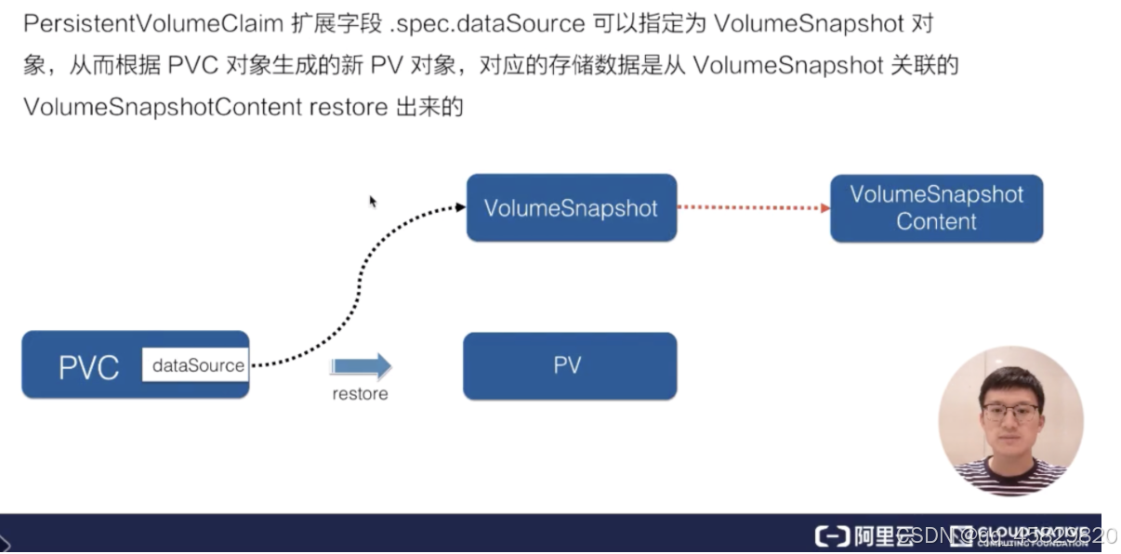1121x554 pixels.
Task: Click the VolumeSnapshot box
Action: coord(571,208)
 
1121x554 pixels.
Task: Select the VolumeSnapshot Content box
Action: coord(936,208)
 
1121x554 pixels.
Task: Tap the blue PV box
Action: coord(569,366)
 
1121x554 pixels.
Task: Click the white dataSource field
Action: coord(196,365)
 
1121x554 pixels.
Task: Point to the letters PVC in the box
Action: coord(89,368)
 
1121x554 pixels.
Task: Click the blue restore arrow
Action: coord(362,365)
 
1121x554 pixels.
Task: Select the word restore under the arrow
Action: coord(360,394)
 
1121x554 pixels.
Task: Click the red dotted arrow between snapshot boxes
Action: coord(753,207)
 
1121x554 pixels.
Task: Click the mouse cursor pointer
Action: coord(373,201)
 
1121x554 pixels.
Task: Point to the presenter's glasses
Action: coord(1009,412)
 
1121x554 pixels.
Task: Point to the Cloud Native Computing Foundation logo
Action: coord(1019,536)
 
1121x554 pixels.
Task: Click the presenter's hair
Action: coord(1009,379)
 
